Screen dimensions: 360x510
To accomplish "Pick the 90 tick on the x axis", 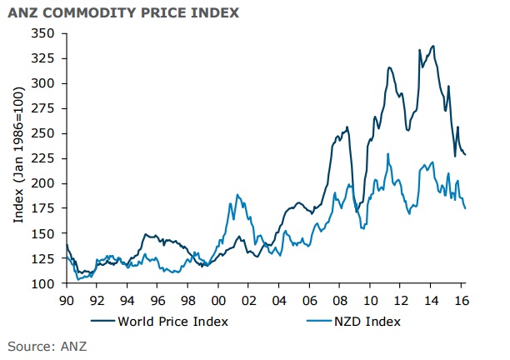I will (x=67, y=298).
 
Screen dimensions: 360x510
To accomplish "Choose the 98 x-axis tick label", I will (x=188, y=298).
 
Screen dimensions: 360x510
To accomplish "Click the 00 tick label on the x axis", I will (x=219, y=298).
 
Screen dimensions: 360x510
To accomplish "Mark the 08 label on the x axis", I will (x=341, y=298).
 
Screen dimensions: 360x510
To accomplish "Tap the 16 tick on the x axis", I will (x=462, y=298).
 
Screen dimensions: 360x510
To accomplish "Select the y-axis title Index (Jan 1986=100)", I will (x=18, y=158).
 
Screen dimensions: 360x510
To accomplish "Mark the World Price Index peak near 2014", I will (x=432, y=46).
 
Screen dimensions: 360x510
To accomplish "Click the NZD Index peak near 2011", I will (x=387, y=153).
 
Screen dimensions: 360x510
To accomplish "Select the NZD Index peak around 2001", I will (x=237, y=194).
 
